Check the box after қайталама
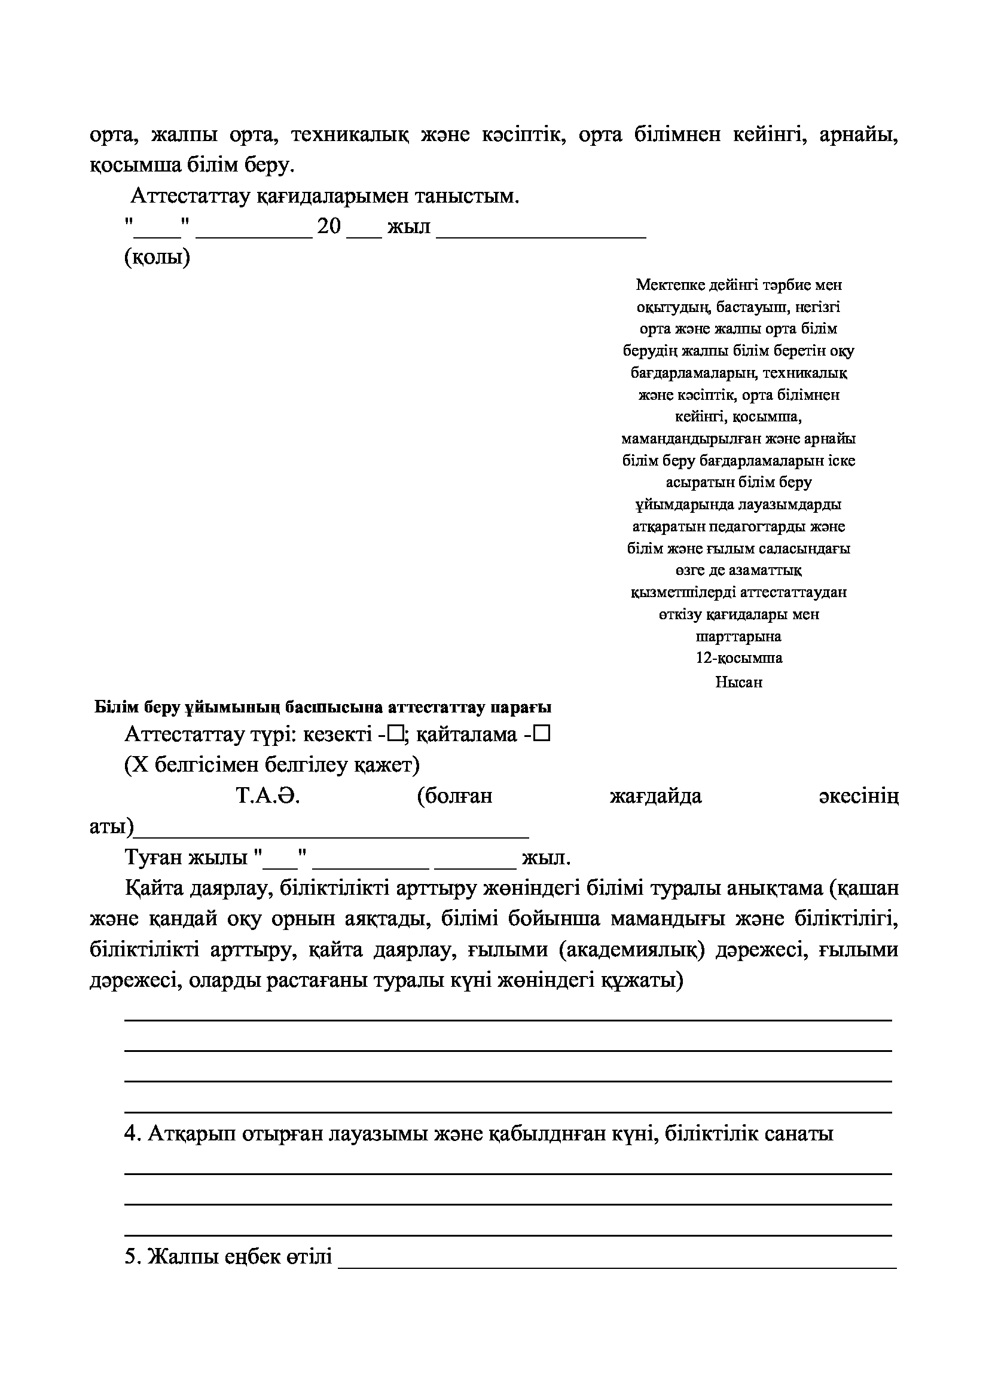pos(543,735)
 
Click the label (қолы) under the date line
pos(157,258)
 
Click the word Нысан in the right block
pos(738,682)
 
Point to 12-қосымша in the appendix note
pos(738,658)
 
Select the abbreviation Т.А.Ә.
pos(268,796)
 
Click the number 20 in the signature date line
pos(329,227)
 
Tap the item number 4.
pos(129,1134)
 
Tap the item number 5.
pos(129,1257)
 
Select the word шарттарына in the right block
pos(738,637)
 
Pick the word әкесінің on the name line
pos(859,796)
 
